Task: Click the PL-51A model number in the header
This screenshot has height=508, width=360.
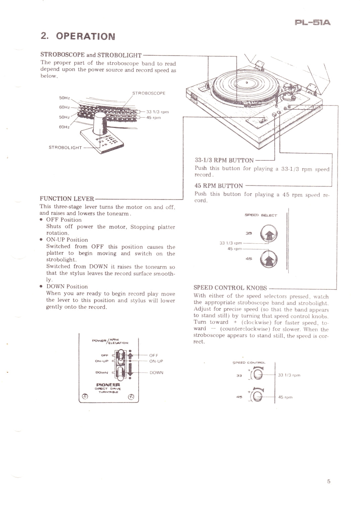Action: (x=313, y=23)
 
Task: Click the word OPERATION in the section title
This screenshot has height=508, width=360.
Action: (x=85, y=36)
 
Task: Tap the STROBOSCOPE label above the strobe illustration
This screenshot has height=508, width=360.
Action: (x=149, y=93)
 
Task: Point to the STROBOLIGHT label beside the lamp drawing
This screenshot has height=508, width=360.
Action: (x=65, y=147)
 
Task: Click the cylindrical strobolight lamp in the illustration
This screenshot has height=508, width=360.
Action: (x=100, y=124)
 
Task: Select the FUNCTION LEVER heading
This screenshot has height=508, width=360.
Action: (x=67, y=199)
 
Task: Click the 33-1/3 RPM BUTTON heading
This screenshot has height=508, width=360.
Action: (x=224, y=160)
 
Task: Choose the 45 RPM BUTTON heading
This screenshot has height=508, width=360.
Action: (x=219, y=186)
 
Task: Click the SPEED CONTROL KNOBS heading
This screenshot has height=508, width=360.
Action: (x=230, y=287)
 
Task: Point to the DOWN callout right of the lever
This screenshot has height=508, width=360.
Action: (x=156, y=372)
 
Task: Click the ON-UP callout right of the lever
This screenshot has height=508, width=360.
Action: (x=156, y=361)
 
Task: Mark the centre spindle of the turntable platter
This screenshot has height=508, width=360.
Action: (x=246, y=82)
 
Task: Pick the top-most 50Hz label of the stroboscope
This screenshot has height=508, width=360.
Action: (x=64, y=98)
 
